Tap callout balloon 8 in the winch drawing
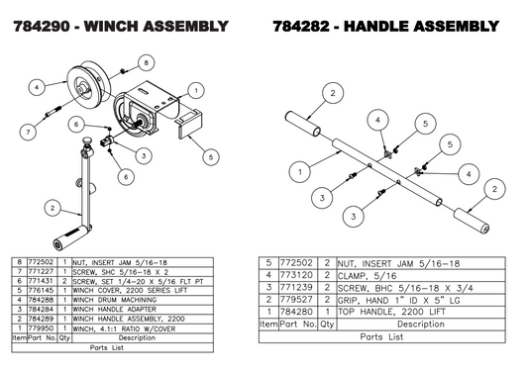pyautogui.click(x=146, y=62)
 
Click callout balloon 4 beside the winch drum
pyautogui.click(x=37, y=87)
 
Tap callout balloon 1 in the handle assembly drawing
pyautogui.click(x=297, y=171)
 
